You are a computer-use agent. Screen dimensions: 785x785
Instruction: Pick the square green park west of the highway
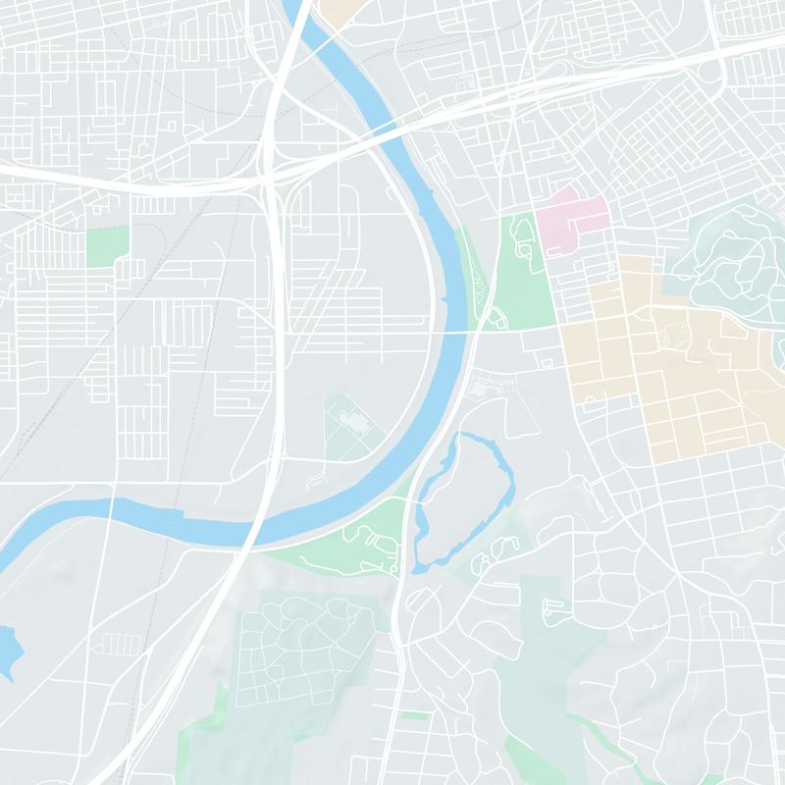coord(107,245)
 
